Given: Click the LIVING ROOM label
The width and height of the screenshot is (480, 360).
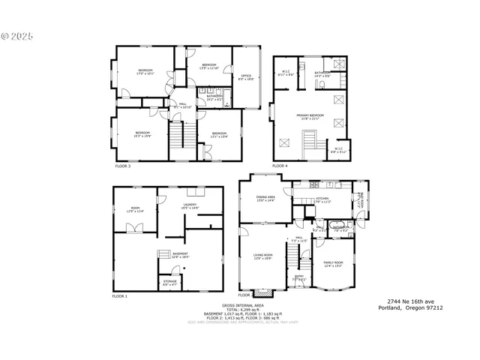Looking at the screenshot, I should (262, 256).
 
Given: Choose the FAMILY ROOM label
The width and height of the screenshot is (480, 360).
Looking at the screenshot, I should (332, 264).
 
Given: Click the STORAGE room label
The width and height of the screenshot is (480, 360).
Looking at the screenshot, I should (170, 283).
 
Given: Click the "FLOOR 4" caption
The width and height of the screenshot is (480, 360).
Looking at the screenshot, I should (280, 165).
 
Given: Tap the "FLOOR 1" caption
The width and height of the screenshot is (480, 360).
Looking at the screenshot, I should (120, 297).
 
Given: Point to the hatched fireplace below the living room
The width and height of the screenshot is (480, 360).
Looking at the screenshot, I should (261, 292).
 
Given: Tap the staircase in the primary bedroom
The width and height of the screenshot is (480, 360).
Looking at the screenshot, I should (309, 140).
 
